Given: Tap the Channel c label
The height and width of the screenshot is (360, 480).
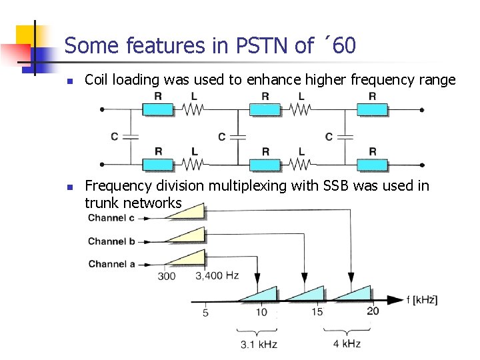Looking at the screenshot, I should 111,218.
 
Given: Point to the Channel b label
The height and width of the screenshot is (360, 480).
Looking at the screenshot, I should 111,241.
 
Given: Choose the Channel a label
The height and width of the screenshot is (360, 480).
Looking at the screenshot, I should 111,264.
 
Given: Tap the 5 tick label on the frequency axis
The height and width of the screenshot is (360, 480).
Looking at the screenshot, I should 205,312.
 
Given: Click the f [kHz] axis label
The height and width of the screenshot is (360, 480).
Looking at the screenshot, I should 421,300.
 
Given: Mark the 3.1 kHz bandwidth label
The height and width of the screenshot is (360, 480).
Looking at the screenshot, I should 259,344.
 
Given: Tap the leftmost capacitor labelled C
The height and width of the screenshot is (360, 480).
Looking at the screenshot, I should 131,137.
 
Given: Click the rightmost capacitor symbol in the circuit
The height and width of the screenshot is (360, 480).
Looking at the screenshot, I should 345,137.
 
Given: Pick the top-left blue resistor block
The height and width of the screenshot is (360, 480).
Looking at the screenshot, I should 158,110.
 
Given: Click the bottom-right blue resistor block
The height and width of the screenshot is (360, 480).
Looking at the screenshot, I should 372,165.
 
